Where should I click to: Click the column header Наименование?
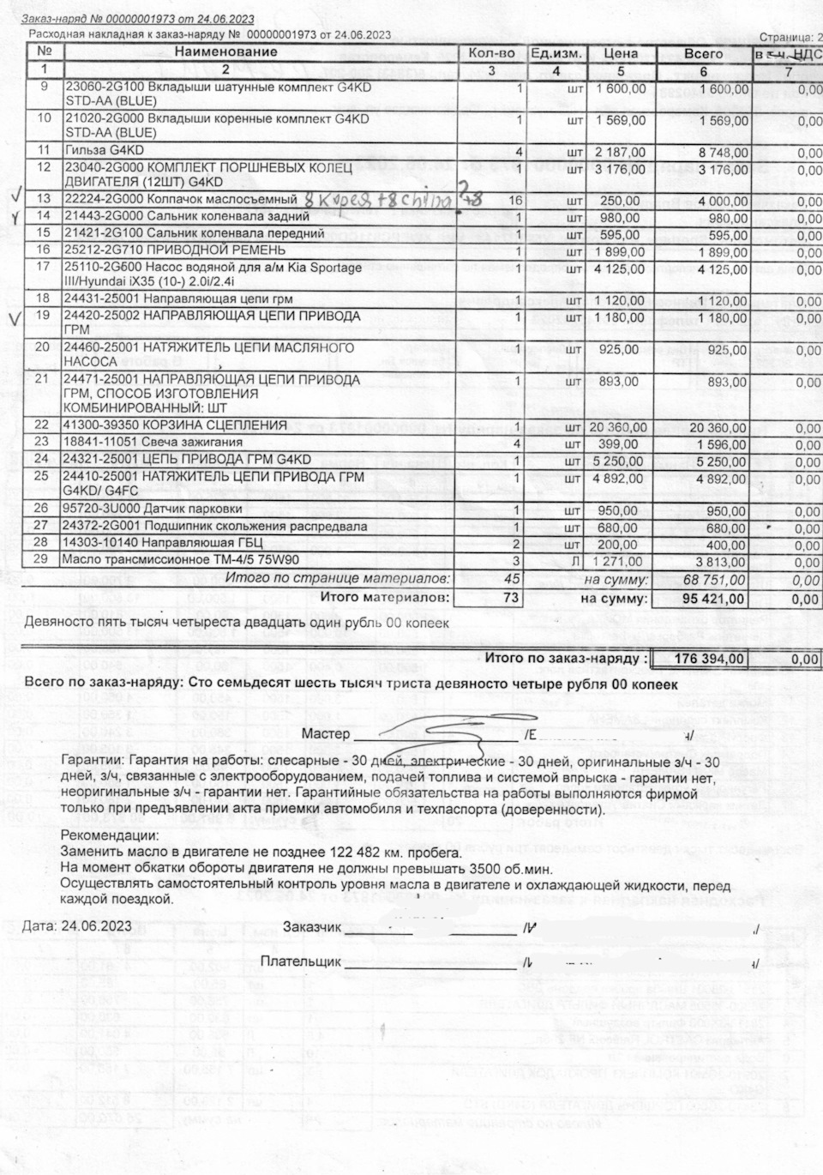226,52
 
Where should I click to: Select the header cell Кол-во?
491,53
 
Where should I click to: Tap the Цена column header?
621,53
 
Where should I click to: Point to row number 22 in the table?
42,425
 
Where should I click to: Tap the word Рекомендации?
110,835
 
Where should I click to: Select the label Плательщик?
300,962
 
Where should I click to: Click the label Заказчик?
312,928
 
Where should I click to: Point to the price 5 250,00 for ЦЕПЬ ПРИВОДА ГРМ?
619,460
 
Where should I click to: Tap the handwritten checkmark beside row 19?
13,319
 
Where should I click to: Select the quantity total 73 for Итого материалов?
511,598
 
